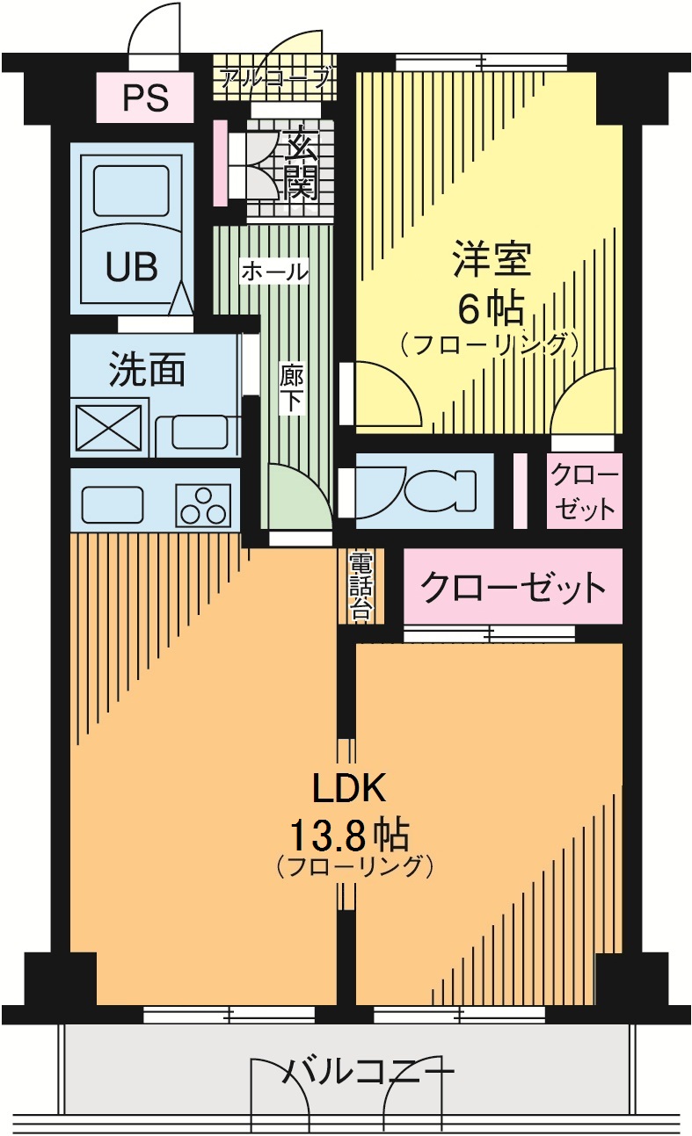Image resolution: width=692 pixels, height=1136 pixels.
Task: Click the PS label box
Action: coord(145,98)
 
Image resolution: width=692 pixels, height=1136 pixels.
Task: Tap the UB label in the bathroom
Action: coord(132,266)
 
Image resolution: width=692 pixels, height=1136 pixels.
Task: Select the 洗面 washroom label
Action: coord(147,371)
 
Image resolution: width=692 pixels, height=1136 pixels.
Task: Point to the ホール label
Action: coord(274,271)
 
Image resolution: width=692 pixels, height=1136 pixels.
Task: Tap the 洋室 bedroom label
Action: coord(490,260)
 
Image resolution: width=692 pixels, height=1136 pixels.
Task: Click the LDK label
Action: coord(350,788)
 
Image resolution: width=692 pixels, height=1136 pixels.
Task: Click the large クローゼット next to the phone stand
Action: coord(513,586)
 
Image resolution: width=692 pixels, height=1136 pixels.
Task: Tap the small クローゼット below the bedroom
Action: coord(585,491)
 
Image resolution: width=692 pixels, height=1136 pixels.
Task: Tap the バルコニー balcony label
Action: coord(369,1072)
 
